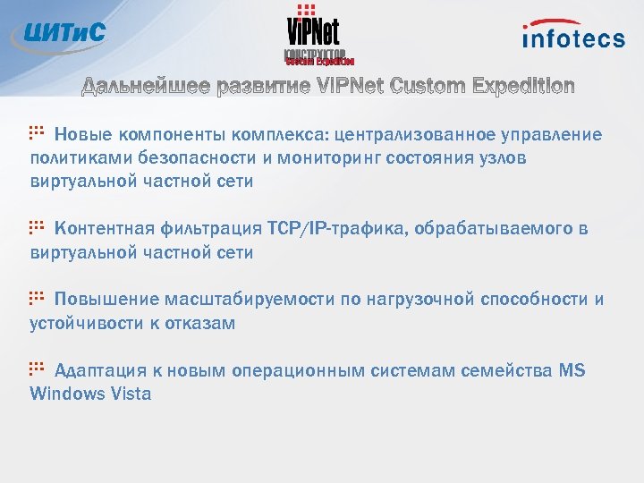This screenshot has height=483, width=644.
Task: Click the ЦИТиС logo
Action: tap(61, 33)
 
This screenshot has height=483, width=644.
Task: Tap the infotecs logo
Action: tap(573, 35)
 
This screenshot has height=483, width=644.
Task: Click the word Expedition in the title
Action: tap(521, 86)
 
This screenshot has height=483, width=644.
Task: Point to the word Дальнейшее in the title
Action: tap(146, 86)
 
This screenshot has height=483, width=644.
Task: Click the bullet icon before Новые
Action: tap(37, 132)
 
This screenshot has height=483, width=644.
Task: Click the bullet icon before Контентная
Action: tap(37, 227)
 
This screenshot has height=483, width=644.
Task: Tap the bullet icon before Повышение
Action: tap(37, 298)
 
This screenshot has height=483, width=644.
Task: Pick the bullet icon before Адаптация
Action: tap(37, 369)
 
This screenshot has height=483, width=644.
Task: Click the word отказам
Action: tap(203, 323)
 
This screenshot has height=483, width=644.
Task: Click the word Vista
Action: tap(130, 394)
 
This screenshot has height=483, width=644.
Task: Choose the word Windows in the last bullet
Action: tap(65, 394)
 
